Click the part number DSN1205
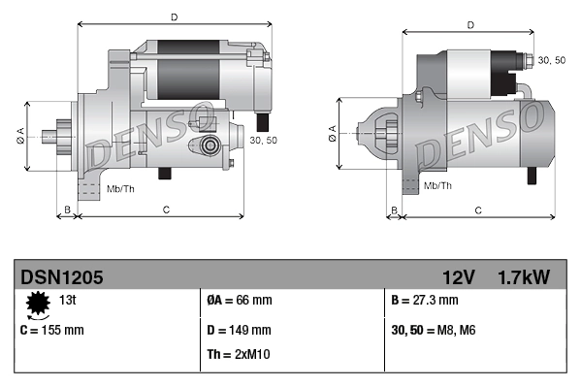pos(61,277)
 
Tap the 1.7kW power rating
pos(523,277)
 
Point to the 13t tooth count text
pos(69,300)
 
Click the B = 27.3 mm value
pos(425,300)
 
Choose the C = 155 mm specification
pos(51,330)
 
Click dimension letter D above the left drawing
pos(174,17)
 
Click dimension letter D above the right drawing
pos(469,25)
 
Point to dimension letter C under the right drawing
pos(478,210)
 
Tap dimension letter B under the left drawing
pos(67,210)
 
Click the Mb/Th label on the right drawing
pos(438,184)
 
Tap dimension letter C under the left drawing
pos(167,210)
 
